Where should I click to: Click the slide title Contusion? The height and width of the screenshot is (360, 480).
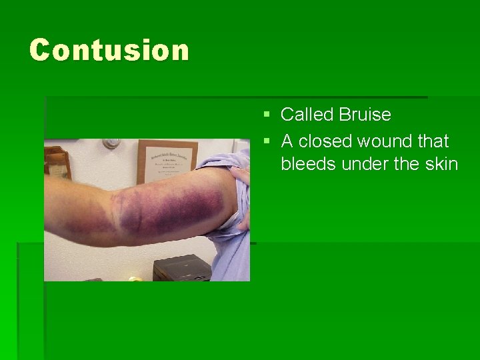[109, 51]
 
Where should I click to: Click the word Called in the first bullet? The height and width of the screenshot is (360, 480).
[307, 115]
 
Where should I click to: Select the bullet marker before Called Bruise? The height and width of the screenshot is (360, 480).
[267, 115]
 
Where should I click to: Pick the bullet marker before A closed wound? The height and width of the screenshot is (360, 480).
[267, 142]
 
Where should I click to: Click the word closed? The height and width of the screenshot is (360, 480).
[325, 141]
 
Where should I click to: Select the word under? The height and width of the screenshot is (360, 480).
[363, 163]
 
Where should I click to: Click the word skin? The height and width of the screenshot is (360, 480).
[441, 163]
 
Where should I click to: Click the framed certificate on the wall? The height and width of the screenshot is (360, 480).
[167, 161]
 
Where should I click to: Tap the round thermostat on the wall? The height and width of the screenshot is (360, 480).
[111, 143]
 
